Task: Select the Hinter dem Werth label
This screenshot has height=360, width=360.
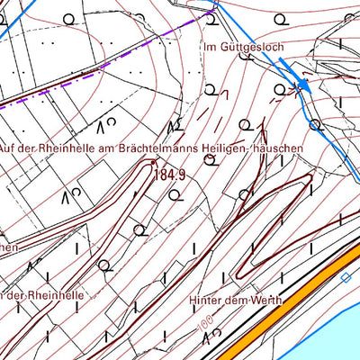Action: click(x=236, y=301)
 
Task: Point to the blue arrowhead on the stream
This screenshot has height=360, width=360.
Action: click(x=304, y=85)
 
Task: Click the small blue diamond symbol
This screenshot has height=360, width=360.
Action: click(x=346, y=277)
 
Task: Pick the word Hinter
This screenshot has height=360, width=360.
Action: click(x=206, y=301)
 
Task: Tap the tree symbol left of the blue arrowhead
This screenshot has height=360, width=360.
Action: click(x=281, y=88)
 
